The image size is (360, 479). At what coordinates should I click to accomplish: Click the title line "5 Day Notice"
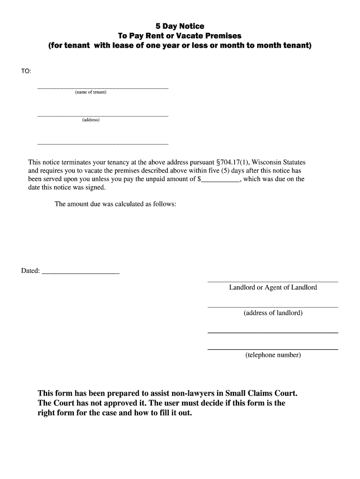click(180, 26)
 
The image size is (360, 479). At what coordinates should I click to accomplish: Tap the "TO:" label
click(26, 71)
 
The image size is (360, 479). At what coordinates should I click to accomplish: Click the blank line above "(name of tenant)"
click(102, 88)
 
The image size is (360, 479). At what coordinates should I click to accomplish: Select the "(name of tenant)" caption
click(91, 92)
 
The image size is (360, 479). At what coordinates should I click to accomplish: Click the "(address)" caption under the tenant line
click(91, 120)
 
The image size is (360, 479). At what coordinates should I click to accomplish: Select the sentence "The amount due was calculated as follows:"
click(115, 204)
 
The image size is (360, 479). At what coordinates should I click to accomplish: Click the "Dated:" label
click(30, 271)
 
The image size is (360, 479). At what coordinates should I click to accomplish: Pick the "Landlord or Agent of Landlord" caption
click(273, 288)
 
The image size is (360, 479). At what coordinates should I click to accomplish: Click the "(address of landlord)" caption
click(273, 313)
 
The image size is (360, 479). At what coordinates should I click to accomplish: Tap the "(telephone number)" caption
click(273, 355)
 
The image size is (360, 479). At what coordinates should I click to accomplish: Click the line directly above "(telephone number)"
click(273, 349)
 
